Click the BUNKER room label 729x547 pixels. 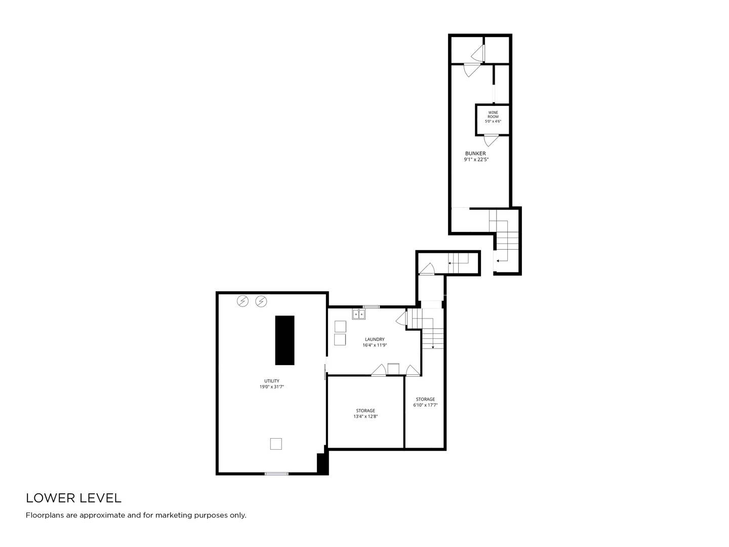pos(475,153)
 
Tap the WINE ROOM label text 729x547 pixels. pos(493,114)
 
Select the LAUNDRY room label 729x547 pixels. pos(375,339)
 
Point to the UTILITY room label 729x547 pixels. pos(272,380)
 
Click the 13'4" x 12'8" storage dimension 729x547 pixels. pos(366,416)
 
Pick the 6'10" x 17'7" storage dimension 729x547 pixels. pos(425,405)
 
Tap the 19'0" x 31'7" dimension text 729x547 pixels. pos(272,386)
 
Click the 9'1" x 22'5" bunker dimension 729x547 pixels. pos(476,160)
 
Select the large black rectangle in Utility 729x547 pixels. pos(285,340)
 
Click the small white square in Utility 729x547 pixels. pos(276,444)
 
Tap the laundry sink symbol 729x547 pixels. pos(359,314)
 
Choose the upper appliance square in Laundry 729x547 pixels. pos(340,327)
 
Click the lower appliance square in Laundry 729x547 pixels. pos(340,340)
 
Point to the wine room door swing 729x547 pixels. pos(491,140)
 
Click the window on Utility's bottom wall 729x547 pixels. pos(276,474)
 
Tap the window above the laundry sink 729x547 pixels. pos(371,307)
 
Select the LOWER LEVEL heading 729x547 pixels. pos(74,498)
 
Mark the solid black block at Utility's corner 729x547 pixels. pos(322,463)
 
